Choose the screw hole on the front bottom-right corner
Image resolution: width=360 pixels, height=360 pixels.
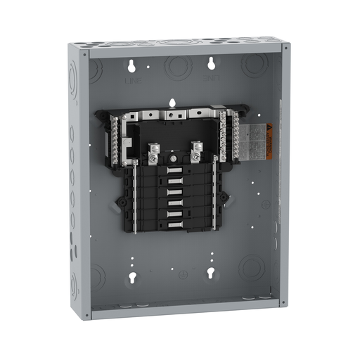[x=283, y=304]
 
